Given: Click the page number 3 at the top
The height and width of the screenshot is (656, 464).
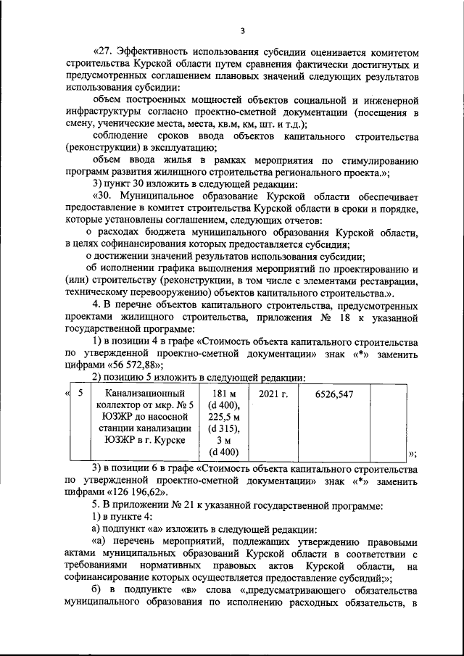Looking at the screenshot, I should (x=244, y=30).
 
